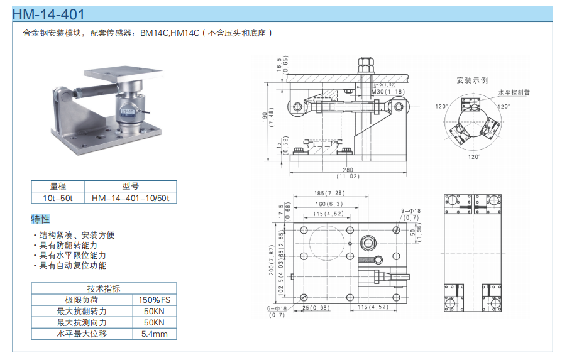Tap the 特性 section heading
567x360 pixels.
(40, 219)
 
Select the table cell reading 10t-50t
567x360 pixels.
(58, 198)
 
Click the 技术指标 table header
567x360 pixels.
(104, 288)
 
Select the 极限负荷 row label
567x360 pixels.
(82, 300)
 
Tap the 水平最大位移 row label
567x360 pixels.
(82, 334)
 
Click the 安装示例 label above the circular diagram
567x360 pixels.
(472, 80)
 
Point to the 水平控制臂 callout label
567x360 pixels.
(514, 92)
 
